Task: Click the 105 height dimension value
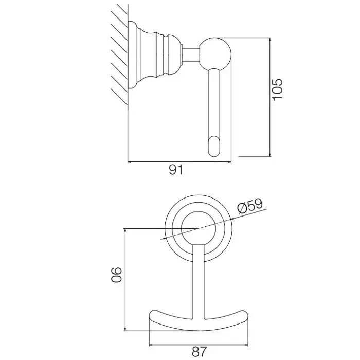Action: pyautogui.click(x=277, y=89)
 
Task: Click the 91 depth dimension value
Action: pyautogui.click(x=176, y=170)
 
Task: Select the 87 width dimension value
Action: pyautogui.click(x=199, y=351)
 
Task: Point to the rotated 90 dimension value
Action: pyautogui.click(x=116, y=275)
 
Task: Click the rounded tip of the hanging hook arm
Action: pyautogui.click(x=214, y=147)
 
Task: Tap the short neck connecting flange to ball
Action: pyautogui.click(x=191, y=55)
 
